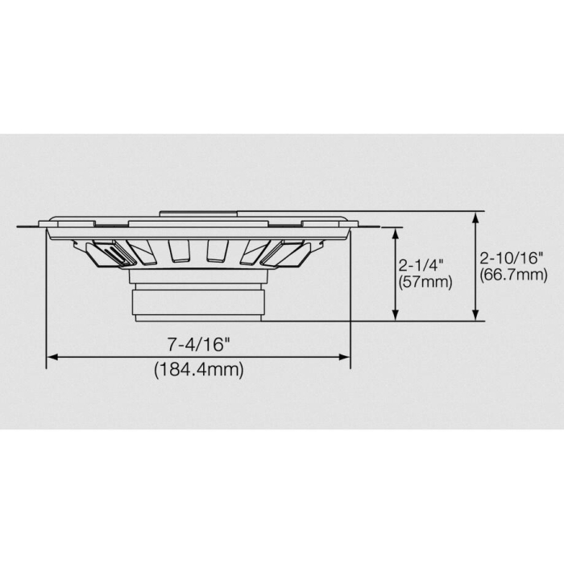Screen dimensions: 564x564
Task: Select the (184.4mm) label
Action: click(199, 370)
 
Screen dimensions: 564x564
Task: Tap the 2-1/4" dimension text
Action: click(421, 265)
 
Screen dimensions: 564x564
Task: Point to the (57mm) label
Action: click(425, 282)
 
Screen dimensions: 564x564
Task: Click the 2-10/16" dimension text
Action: click(512, 259)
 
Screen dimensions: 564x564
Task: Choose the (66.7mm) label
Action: click(513, 276)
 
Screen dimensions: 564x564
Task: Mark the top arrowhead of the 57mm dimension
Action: click(395, 232)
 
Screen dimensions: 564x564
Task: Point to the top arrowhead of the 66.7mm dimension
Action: click(478, 216)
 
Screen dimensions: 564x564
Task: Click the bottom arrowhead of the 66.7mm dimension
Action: click(478, 316)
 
